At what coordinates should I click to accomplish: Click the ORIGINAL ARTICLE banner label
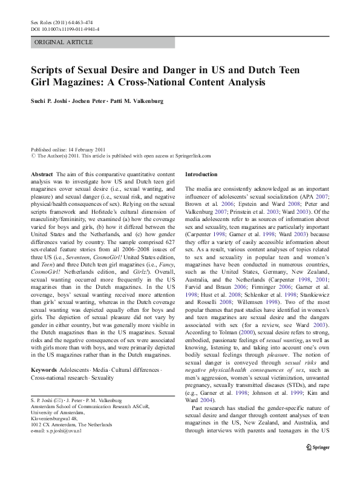[x=64, y=42]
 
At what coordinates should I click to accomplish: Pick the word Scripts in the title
[x=49, y=69]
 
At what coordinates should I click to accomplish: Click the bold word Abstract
[x=42, y=174]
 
